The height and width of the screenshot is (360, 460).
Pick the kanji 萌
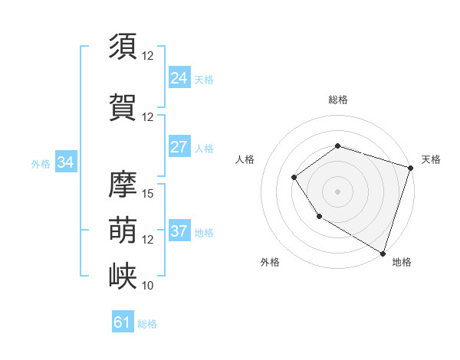[123, 229]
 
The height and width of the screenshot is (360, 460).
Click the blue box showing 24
[179, 78]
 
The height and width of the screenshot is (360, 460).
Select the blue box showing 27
[179, 147]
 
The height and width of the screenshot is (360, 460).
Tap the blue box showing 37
[179, 231]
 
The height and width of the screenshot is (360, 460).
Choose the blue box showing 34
[66, 162]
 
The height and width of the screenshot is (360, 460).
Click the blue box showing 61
[123, 322]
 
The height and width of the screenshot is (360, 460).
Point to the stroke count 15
[148, 193]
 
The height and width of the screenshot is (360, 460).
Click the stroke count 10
[148, 285]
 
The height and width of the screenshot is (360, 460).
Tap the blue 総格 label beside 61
[147, 324]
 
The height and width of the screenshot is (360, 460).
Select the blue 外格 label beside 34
[41, 163]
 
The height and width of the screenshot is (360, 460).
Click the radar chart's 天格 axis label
[431, 159]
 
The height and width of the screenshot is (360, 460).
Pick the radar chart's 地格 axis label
[402, 262]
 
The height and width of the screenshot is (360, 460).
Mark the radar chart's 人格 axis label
[245, 159]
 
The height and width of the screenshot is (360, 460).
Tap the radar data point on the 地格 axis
[383, 253]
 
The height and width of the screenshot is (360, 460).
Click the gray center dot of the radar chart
[337, 191]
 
